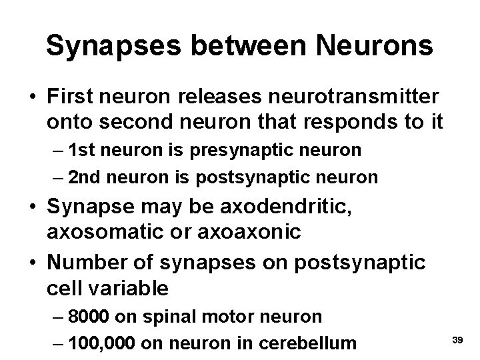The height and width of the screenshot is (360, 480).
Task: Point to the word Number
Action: (83, 263)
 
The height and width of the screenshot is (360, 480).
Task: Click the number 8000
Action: (89, 316)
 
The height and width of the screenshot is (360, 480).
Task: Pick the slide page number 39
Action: (457, 340)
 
